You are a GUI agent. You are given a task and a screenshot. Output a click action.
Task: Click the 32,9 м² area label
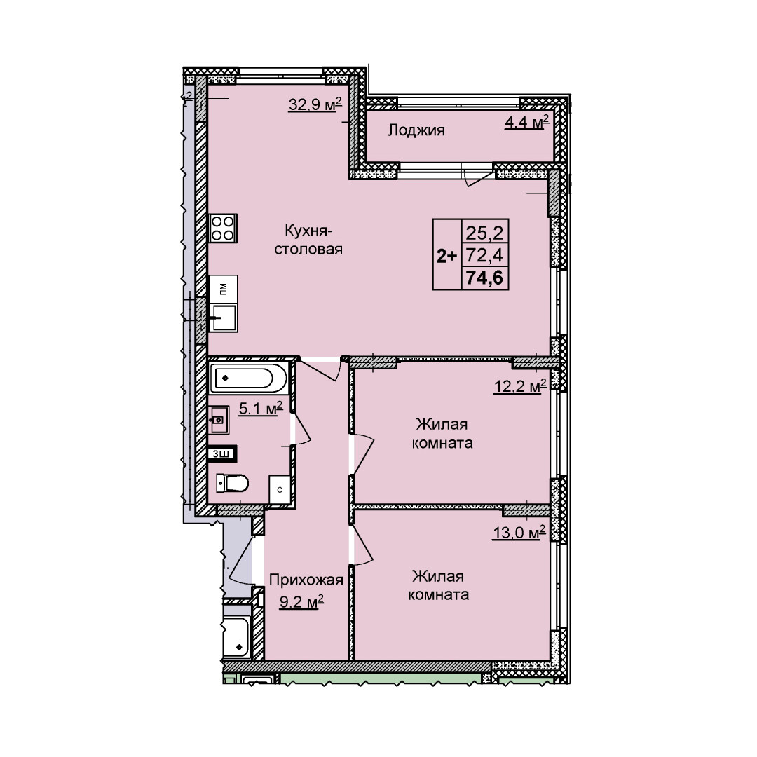click(315, 104)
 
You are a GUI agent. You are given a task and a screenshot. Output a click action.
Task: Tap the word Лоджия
click(416, 130)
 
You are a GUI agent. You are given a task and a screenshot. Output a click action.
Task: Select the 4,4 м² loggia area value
click(526, 122)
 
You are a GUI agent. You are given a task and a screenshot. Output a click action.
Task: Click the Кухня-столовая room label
click(308, 240)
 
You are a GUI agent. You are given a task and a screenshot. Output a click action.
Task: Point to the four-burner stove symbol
click(223, 229)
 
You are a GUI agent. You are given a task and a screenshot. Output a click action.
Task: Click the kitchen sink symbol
click(224, 318)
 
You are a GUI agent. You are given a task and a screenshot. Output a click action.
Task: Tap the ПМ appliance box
click(223, 289)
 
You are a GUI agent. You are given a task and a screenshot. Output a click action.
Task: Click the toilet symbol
click(232, 482)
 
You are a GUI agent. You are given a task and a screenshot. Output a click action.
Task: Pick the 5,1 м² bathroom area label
click(261, 409)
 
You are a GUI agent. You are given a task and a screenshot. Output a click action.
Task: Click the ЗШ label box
click(221, 453)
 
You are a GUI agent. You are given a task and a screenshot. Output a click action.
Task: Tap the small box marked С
click(280, 489)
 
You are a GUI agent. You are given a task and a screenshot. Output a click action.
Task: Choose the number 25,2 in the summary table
click(484, 233)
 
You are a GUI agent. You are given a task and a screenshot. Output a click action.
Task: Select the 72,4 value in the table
click(484, 255)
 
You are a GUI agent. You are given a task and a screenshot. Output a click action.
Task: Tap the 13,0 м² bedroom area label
click(519, 533)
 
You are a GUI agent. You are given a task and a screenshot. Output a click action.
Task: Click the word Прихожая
click(306, 580)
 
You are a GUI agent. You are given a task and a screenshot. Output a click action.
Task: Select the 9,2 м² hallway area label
click(301, 602)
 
